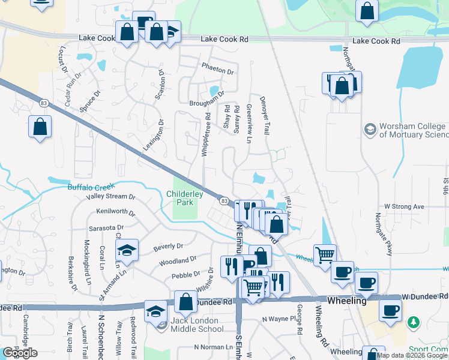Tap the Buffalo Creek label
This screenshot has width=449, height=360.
tap(90, 187)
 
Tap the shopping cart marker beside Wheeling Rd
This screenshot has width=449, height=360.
tap(325, 254)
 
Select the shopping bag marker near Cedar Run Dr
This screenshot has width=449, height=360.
tap(40, 127)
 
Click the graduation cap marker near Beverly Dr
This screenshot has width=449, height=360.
tap(127, 250)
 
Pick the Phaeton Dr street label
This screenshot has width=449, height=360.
tap(217, 71)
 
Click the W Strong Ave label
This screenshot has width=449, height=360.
tap(404, 207)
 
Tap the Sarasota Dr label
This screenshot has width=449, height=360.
tap(106, 228)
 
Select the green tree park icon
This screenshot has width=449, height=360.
tap(413, 323)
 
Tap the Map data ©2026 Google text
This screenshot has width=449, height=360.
tap(411, 355)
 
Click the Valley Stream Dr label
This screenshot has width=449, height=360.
tap(110, 196)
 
